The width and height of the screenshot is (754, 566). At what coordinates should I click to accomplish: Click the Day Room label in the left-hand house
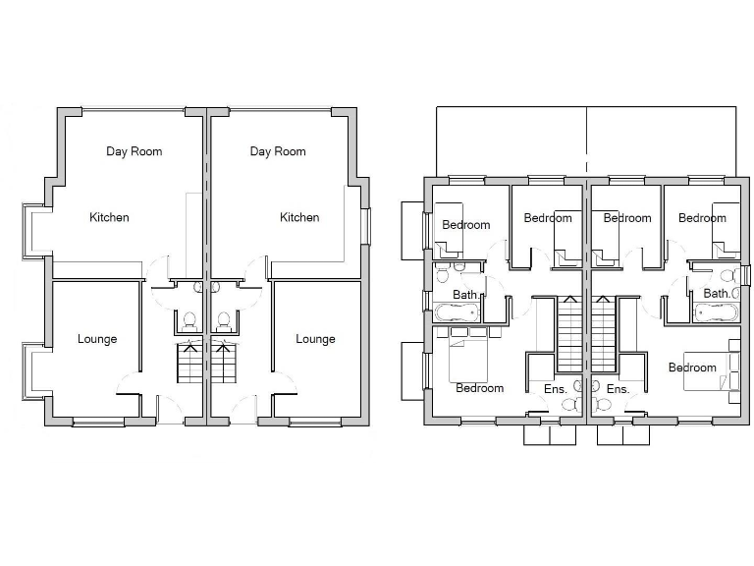(x=135, y=151)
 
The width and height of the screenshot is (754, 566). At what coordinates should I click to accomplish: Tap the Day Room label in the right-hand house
(x=278, y=151)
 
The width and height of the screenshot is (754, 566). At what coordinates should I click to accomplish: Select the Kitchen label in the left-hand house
(x=109, y=217)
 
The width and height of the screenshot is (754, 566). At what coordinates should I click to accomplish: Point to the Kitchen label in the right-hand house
(x=299, y=217)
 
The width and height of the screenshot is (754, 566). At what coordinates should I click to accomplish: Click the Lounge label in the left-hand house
(x=97, y=339)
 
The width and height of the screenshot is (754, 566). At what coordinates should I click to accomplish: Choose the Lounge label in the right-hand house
(x=315, y=339)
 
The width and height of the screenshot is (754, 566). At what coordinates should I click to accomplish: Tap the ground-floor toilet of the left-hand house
(x=191, y=320)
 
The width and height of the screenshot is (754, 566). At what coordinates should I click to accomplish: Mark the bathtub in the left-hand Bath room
(x=457, y=313)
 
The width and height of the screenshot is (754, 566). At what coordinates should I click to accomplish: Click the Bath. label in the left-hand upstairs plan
(x=465, y=294)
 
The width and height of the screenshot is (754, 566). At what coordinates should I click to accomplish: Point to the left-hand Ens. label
(x=555, y=389)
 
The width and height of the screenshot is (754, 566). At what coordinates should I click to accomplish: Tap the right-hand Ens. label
(x=618, y=389)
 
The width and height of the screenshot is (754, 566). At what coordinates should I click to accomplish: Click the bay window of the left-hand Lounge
(x=32, y=369)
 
